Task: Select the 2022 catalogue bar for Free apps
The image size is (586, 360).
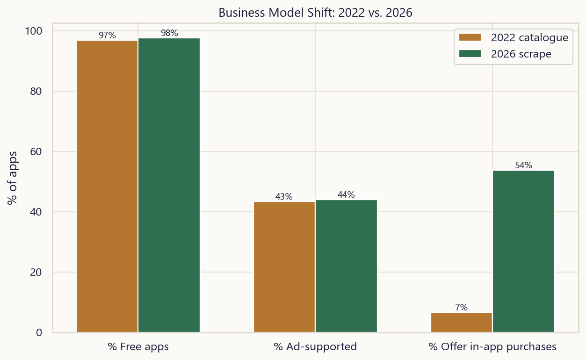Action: (107, 187)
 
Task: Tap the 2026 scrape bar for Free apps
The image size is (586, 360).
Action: (169, 185)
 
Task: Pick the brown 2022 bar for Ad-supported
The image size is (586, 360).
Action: (284, 267)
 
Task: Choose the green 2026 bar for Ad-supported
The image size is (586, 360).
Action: (346, 266)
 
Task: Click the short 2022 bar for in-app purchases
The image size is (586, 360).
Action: (462, 322)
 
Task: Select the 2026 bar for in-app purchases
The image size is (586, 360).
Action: (523, 252)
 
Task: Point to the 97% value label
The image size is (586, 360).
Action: (107, 35)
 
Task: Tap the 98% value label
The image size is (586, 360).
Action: (169, 33)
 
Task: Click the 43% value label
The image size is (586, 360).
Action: (284, 196)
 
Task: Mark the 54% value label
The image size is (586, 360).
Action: (523, 165)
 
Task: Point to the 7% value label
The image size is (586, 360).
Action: (461, 308)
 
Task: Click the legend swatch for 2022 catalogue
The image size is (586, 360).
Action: (470, 37)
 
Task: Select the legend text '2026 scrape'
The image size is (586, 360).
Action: (521, 54)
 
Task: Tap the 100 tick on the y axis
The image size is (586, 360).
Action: (34, 31)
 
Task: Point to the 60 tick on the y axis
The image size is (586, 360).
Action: (36, 151)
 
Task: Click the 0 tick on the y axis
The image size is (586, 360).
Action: (39, 332)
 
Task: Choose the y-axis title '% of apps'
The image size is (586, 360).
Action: (12, 178)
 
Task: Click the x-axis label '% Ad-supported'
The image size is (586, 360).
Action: (315, 346)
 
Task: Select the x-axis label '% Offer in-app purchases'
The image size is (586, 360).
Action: (492, 347)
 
